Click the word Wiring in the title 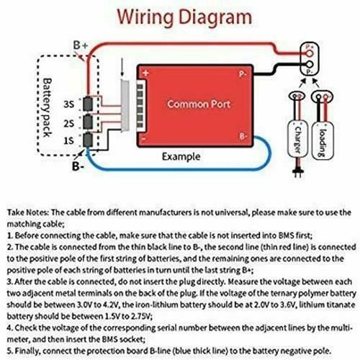[145, 17]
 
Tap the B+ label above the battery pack [81, 45]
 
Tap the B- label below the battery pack [78, 166]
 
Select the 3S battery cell [88, 104]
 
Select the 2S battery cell [88, 122]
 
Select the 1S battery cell [88, 140]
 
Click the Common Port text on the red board [199, 104]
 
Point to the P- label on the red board [243, 74]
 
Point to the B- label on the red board [243, 136]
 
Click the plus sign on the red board [145, 73]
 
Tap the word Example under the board [181, 157]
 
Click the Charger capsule [297, 139]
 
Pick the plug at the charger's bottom [298, 172]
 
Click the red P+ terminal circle [310, 53]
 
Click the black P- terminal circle [310, 64]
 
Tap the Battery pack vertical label [48, 107]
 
